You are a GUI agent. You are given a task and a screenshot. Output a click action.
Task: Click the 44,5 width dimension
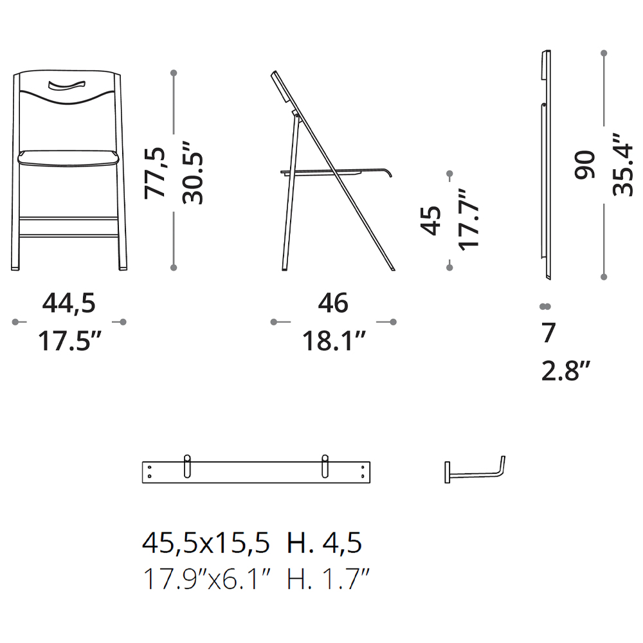[69, 304]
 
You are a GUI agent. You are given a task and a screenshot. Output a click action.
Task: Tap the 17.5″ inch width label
[69, 341]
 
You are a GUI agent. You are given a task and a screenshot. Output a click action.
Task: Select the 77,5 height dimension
[155, 173]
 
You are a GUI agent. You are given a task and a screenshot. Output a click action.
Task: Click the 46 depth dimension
[333, 303]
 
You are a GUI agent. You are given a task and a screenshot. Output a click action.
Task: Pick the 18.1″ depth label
[334, 341]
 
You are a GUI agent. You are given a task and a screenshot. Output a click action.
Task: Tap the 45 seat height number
[431, 221]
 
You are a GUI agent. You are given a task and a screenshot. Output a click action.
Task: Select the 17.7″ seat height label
[468, 219]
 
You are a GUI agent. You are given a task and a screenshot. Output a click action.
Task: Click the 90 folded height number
[584, 165]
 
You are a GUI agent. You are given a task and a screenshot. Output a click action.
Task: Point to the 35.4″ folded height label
[622, 165]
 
